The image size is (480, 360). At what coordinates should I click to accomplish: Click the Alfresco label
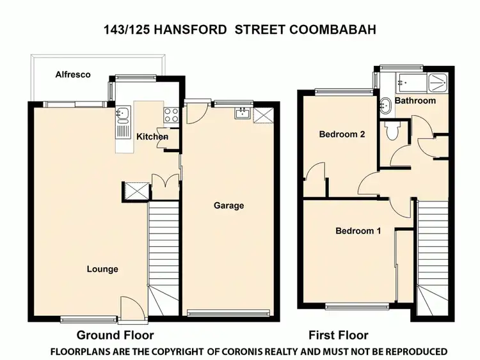pos(72,75)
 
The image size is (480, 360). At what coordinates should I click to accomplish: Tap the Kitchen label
pos(152,136)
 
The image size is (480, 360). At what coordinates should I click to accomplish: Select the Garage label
pos(228,205)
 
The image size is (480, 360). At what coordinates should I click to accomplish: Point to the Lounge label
pos(102,269)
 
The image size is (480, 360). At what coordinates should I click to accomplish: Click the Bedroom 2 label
pos(342,134)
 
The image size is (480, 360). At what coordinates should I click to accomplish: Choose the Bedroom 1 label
pos(358,231)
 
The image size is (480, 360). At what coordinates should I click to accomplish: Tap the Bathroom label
pos(415,100)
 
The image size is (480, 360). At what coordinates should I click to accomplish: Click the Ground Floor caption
pos(115,335)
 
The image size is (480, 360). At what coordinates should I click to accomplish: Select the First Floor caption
pos(338,335)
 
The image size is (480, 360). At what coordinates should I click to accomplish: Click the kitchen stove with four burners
pos(172,115)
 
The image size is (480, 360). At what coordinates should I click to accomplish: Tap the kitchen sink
pos(122,115)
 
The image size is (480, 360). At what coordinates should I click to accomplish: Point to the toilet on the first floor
pos(393,131)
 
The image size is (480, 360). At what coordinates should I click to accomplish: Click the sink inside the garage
pos(241,114)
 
